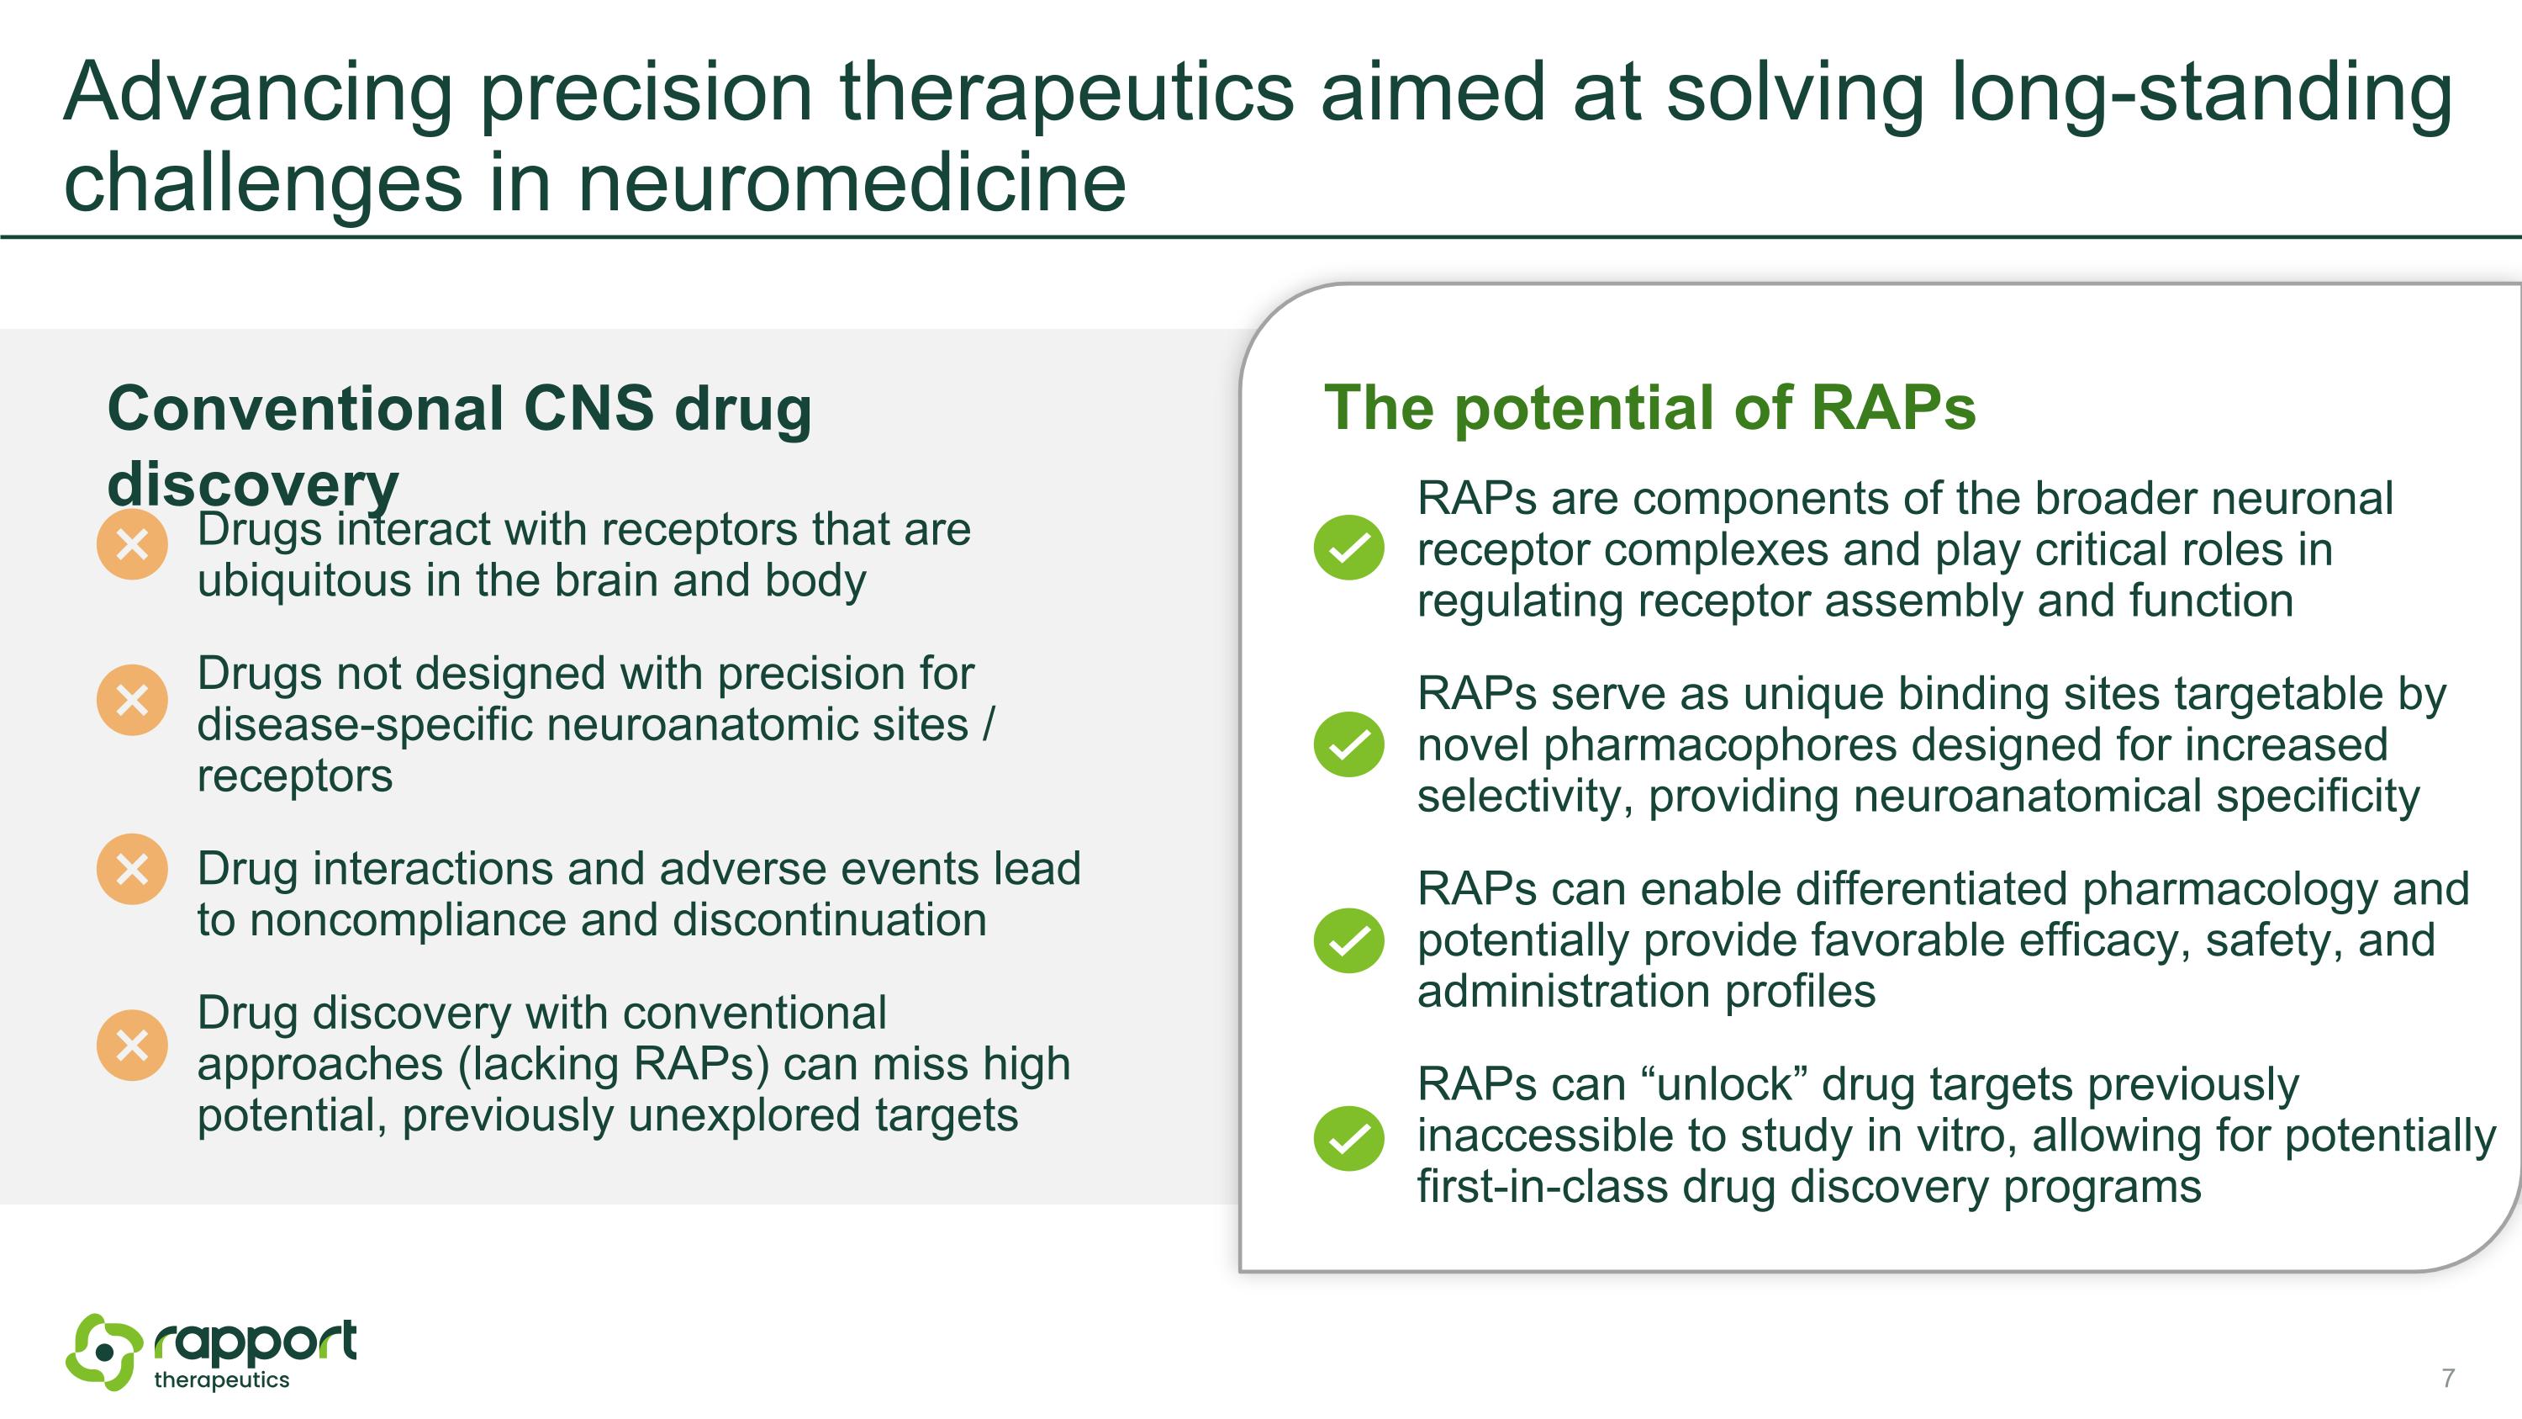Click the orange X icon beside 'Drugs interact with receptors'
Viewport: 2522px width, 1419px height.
pyautogui.click(x=132, y=543)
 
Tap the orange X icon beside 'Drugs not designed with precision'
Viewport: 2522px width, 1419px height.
pyautogui.click(x=132, y=700)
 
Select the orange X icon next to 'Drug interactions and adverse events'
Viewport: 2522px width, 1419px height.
pyautogui.click(x=132, y=869)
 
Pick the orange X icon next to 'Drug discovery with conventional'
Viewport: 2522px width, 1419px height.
pyautogui.click(x=132, y=1045)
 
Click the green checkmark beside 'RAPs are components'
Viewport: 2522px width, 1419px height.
pyautogui.click(x=1349, y=548)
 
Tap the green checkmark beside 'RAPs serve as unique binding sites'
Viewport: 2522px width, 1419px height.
pyautogui.click(x=1349, y=744)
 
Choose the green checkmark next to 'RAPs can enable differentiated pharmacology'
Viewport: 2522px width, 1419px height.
pyautogui.click(x=1349, y=940)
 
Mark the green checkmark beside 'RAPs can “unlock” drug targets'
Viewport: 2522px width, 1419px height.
pyautogui.click(x=1349, y=1138)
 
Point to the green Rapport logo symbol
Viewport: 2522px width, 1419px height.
pyautogui.click(x=103, y=1352)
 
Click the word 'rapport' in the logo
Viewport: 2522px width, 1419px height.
pyautogui.click(x=256, y=1342)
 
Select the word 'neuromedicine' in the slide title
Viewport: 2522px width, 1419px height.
pyautogui.click(x=852, y=183)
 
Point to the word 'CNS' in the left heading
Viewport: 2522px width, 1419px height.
pyautogui.click(x=588, y=407)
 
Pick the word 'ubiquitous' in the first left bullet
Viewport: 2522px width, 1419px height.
pyautogui.click(x=303, y=580)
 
